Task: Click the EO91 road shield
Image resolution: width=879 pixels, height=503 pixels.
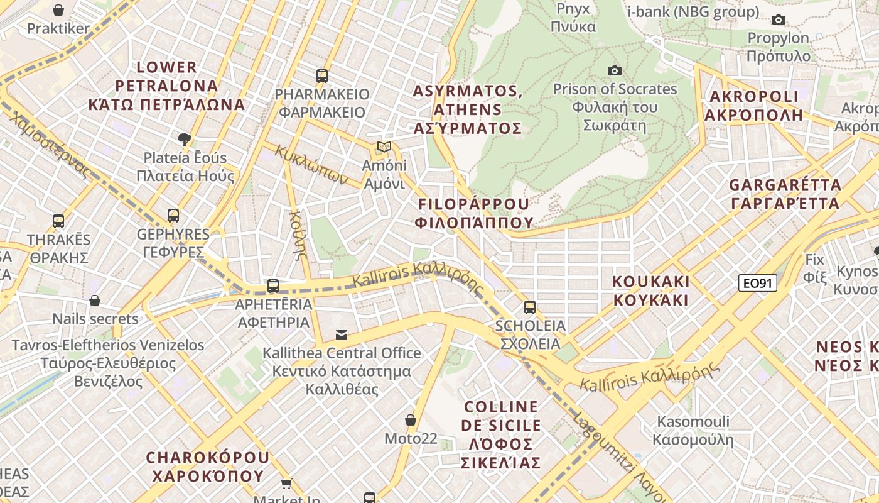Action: [758, 283]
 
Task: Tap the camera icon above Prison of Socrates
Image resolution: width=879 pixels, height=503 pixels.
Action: [615, 70]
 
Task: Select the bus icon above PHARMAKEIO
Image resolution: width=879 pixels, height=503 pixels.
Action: [322, 76]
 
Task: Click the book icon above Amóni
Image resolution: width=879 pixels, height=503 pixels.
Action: [384, 147]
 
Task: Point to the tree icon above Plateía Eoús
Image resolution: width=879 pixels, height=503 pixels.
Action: [185, 139]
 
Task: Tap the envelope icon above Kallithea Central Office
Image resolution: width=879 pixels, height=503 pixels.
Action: [342, 334]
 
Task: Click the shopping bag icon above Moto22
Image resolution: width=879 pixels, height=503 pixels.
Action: [411, 419]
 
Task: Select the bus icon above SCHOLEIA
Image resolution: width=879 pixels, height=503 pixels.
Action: [530, 307]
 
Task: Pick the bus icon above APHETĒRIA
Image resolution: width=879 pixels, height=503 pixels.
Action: [273, 286]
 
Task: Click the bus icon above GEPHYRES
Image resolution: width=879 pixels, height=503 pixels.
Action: [173, 216]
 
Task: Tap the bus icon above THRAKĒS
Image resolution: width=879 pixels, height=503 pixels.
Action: [58, 221]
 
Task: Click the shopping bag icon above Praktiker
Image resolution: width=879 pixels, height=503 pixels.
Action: [58, 10]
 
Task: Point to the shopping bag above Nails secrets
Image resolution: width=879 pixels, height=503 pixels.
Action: [95, 301]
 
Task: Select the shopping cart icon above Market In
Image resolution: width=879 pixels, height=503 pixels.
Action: [287, 484]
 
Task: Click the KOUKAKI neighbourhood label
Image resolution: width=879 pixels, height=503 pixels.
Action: [651, 290]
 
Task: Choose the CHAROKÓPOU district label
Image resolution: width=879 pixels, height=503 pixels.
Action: [208, 466]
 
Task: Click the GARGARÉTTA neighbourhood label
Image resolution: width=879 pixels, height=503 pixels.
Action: [785, 194]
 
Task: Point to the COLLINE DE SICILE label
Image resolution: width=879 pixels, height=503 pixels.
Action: [500, 434]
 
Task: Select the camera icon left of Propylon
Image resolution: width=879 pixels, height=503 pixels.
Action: [779, 19]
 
